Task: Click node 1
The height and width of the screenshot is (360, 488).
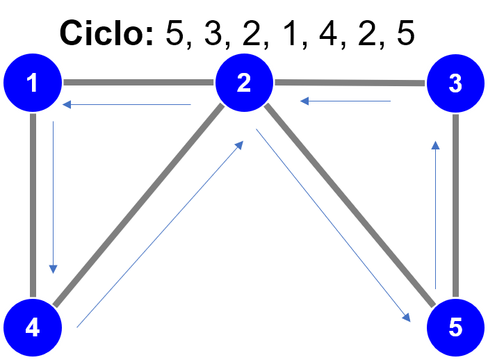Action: point(33,83)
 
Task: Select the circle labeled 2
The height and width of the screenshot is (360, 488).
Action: point(243,83)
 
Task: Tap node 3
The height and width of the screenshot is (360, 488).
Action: point(455,83)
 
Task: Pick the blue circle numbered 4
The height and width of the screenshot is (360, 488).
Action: point(33,327)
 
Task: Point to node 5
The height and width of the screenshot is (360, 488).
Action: point(455,327)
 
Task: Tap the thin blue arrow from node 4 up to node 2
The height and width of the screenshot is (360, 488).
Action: point(160,234)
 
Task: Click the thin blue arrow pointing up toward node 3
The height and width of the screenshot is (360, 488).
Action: point(435,215)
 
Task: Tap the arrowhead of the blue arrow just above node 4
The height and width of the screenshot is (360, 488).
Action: point(53,269)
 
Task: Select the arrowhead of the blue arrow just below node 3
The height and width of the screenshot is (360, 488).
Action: point(435,145)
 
